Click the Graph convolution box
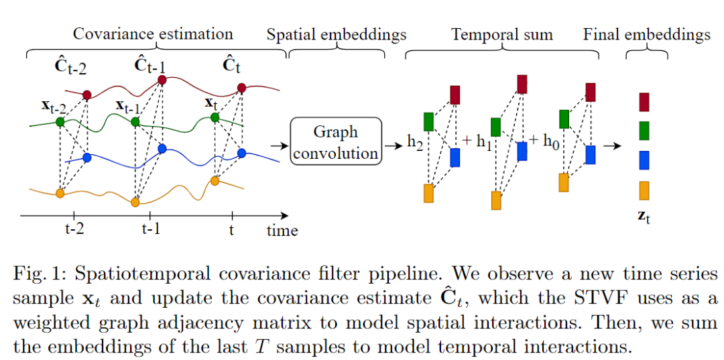(x=336, y=141)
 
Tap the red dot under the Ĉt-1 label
(x=162, y=80)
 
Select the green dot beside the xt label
(x=215, y=117)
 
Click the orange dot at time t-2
(x=60, y=194)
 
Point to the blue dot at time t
(x=241, y=152)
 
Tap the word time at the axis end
(x=282, y=231)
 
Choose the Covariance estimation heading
(x=153, y=34)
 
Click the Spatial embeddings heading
(x=337, y=34)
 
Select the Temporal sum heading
(x=502, y=34)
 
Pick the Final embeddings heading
(x=647, y=34)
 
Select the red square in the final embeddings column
(x=644, y=101)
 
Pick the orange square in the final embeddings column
(x=644, y=190)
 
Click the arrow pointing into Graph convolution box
(x=276, y=144)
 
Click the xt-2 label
(x=54, y=105)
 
